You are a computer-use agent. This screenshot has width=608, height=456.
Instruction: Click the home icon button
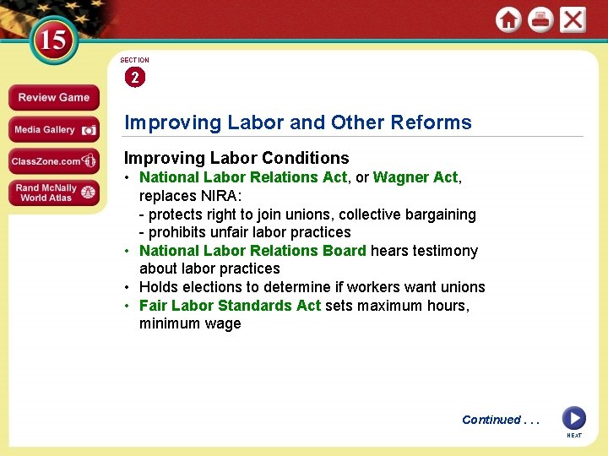pyautogui.click(x=508, y=19)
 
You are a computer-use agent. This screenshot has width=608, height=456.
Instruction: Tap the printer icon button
pyautogui.click(x=540, y=19)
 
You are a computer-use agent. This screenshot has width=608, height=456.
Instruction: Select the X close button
pyautogui.click(x=573, y=19)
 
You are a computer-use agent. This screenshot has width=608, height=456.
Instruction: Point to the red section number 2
pyautogui.click(x=134, y=78)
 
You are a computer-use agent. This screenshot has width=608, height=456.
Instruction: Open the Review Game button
pyautogui.click(x=53, y=98)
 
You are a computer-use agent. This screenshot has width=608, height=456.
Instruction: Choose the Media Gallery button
pyautogui.click(x=53, y=130)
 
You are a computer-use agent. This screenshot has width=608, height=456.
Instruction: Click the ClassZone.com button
pyautogui.click(x=53, y=161)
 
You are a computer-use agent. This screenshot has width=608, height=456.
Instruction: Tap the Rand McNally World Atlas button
pyautogui.click(x=53, y=193)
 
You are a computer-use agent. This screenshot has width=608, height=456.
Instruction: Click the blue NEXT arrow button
pyautogui.click(x=574, y=418)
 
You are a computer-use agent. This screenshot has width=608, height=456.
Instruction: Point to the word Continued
pyautogui.click(x=491, y=420)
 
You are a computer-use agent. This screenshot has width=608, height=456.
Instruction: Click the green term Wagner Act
pyautogui.click(x=415, y=177)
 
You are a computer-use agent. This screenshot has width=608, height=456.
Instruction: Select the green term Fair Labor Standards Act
pyautogui.click(x=230, y=305)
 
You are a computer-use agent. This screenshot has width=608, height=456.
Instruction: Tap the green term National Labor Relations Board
pyautogui.click(x=252, y=251)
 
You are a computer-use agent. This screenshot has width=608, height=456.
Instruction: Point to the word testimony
pyautogui.click(x=445, y=251)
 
